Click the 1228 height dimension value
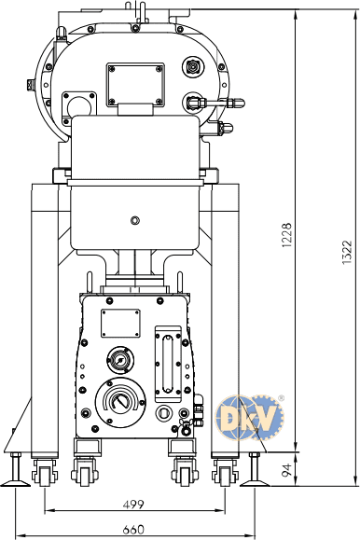pyautogui.click(x=286, y=235)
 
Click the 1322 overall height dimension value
pyautogui.click(x=347, y=252)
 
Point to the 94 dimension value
pyautogui.click(x=286, y=470)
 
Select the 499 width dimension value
pyautogui.click(x=133, y=505)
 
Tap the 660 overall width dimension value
pyautogui.click(x=133, y=529)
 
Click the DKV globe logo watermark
pyautogui.click(x=249, y=418)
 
